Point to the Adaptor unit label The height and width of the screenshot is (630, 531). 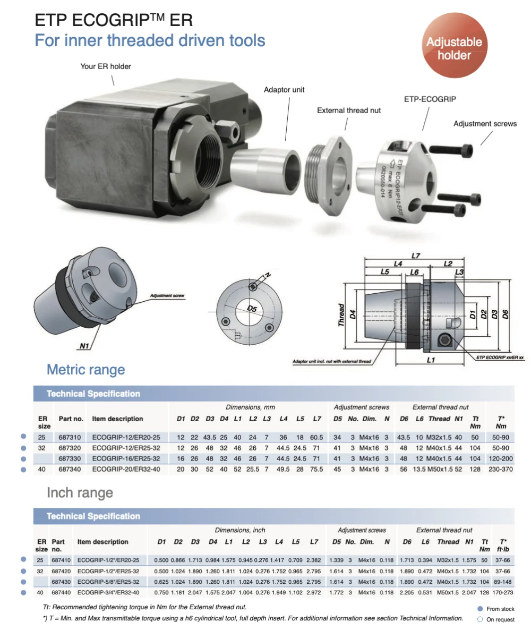coord(284,90)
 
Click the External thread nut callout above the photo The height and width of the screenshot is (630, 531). coord(349,110)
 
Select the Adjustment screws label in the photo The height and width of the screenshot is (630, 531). coord(485,124)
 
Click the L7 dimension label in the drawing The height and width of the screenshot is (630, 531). coord(415,256)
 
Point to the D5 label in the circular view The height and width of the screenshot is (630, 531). coord(252,309)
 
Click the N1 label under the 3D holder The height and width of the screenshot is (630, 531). coord(84,346)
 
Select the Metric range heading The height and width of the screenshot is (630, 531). coord(85,370)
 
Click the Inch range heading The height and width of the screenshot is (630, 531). coord(80,492)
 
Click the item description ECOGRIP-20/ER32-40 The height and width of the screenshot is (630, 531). coord(126,469)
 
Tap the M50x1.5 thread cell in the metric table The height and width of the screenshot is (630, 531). coord(439,469)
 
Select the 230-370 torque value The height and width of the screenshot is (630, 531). coord(501,469)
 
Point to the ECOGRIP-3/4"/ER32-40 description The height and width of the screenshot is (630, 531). coord(108,592)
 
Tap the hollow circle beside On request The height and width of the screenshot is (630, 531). coord(480,619)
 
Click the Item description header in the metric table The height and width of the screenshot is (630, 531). coord(117,419)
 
